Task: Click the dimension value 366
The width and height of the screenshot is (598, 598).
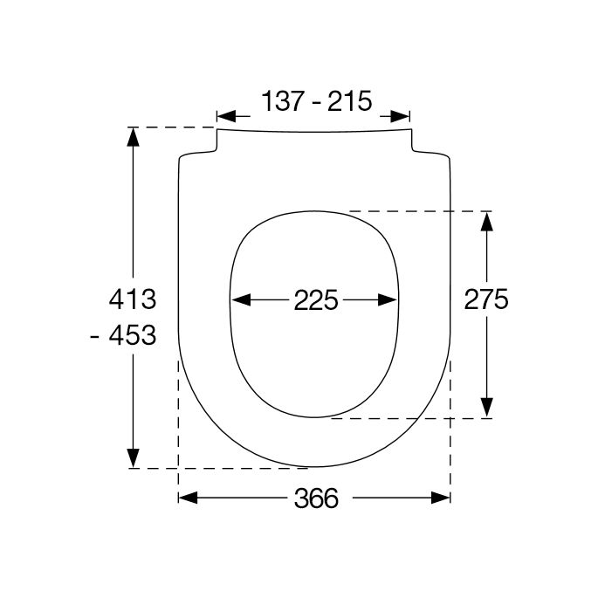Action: [315, 498]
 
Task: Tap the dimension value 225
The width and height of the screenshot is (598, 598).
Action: [315, 300]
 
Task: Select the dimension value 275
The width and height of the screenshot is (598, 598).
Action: [486, 299]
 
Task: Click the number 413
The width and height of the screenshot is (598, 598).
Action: [131, 299]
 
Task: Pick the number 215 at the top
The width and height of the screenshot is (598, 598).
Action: [349, 101]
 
